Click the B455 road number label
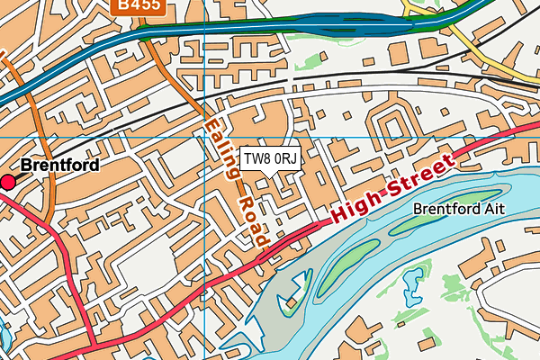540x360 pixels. coord(132,5)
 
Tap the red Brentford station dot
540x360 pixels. coord(8,183)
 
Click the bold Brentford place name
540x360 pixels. coord(58,166)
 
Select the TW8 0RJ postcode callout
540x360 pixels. coord(269,159)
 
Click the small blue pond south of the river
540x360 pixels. coord(412,288)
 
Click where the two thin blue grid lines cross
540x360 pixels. coord(205,138)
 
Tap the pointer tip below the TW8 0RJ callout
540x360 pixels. coord(269,177)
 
